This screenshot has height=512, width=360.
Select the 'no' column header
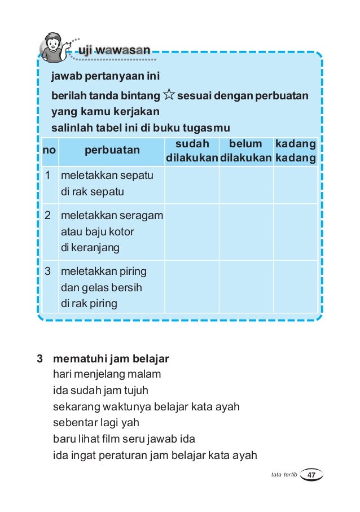[49, 151]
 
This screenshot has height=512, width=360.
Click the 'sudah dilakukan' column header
[192, 151]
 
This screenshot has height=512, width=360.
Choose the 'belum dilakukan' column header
[246, 151]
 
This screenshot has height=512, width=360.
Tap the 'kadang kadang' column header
[295, 151]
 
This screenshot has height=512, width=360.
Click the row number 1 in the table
[49, 176]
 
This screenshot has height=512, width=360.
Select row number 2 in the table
[49, 215]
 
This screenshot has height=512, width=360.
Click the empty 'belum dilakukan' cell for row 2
[246, 231]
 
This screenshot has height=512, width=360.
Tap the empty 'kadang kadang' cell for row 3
[295, 288]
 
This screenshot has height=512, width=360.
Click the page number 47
[311, 476]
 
